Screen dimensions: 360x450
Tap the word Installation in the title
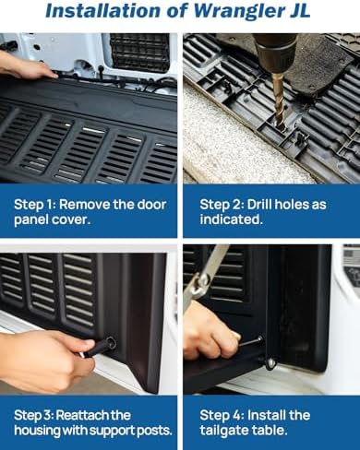pyautogui.click(x=103, y=10)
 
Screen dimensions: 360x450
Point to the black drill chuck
pyautogui.click(x=274, y=52)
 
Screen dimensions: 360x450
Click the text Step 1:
pyautogui.click(x=34, y=205)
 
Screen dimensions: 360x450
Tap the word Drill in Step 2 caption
pyautogui.click(x=259, y=204)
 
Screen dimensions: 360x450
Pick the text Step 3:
pyautogui.click(x=34, y=416)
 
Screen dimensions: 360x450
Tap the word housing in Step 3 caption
pyautogui.click(x=37, y=431)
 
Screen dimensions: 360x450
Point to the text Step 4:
pyautogui.click(x=222, y=416)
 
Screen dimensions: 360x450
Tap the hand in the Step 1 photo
pyautogui.click(x=26, y=65)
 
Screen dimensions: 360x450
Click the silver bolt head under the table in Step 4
pyautogui.click(x=270, y=363)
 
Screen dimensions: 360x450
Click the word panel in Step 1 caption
pyautogui.click(x=30, y=219)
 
